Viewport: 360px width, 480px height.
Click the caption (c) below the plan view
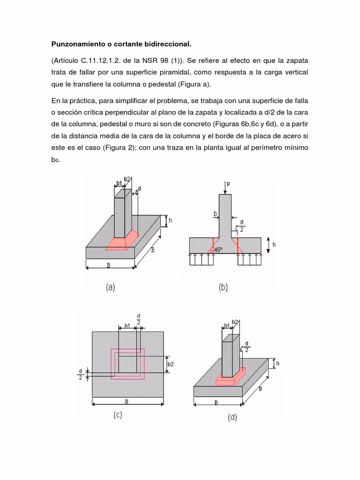(x=117, y=415)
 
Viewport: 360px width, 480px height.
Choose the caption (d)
(x=232, y=417)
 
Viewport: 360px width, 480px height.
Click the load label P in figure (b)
(x=228, y=184)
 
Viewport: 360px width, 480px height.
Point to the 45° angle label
(x=218, y=250)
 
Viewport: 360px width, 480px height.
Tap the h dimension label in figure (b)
(x=274, y=244)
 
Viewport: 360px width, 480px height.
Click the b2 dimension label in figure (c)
(x=170, y=364)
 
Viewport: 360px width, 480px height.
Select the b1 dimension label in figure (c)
(x=127, y=325)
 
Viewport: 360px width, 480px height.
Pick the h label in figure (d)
(x=277, y=363)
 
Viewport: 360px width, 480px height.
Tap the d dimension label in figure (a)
(x=139, y=187)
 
